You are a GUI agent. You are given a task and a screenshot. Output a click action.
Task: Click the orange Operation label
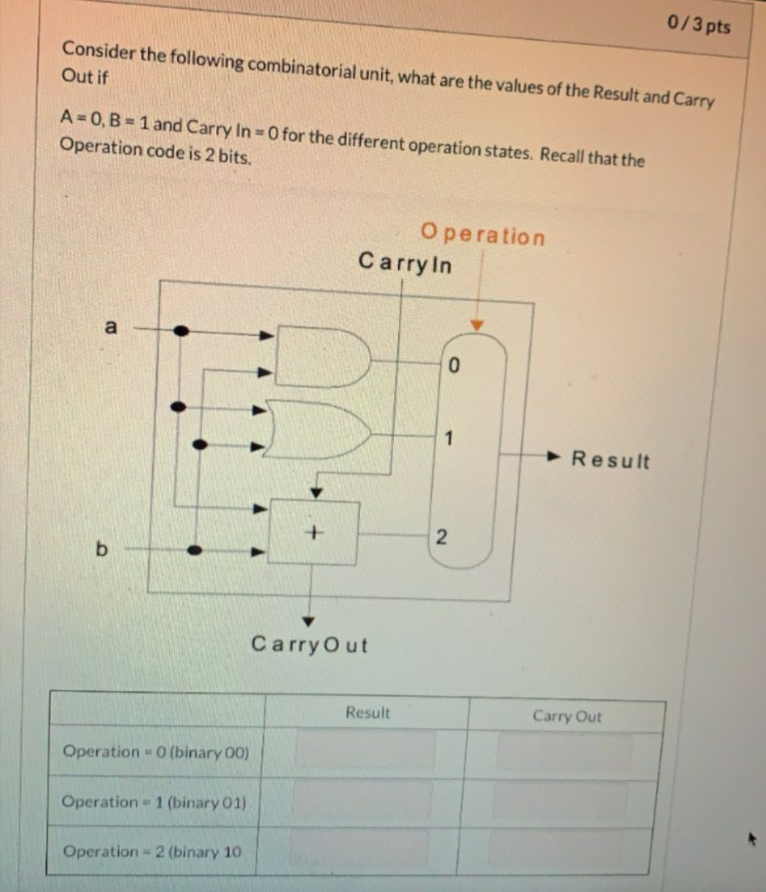click(x=483, y=234)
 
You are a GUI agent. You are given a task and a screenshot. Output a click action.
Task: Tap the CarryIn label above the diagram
click(x=405, y=262)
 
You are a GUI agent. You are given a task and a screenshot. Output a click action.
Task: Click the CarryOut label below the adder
click(x=309, y=645)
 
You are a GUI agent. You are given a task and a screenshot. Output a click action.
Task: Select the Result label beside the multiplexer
click(x=610, y=460)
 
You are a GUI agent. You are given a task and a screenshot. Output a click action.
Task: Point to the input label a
click(x=110, y=328)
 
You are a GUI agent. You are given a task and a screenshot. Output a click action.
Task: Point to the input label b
click(x=103, y=550)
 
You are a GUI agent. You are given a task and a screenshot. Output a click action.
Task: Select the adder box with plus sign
click(x=314, y=530)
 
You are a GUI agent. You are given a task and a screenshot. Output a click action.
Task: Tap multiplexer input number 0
click(x=453, y=367)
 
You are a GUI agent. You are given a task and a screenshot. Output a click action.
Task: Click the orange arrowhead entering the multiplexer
click(x=476, y=326)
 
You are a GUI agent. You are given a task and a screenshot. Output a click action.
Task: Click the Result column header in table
click(x=368, y=713)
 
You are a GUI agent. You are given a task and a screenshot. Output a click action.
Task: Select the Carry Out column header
click(x=566, y=716)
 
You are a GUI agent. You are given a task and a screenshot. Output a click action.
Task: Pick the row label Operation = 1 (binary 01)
click(x=154, y=801)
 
